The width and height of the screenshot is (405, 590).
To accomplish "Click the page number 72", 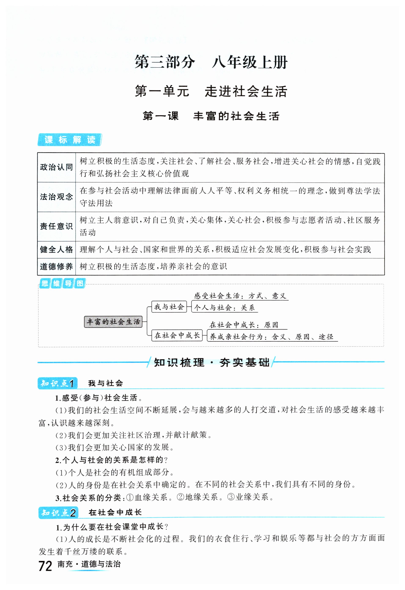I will coord(45,566).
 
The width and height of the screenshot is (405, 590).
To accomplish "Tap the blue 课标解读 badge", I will coord(70,140).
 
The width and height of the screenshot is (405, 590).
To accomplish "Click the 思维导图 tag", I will coord(62,283).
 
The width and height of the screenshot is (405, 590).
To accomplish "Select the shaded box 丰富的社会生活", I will coord(113,322).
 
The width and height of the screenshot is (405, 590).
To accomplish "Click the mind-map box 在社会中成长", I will coord(177,335).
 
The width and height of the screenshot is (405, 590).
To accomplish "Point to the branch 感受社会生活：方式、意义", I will coord(240,296).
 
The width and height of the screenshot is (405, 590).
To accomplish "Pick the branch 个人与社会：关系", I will coord(224,308).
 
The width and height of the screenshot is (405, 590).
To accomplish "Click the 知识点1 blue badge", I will coord(57,383).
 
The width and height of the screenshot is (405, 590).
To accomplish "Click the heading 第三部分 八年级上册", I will coord(211,62).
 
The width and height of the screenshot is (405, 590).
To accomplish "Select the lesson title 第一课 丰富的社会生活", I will coord(211,116).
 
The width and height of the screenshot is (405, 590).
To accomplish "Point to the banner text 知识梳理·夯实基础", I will coord(211,362).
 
